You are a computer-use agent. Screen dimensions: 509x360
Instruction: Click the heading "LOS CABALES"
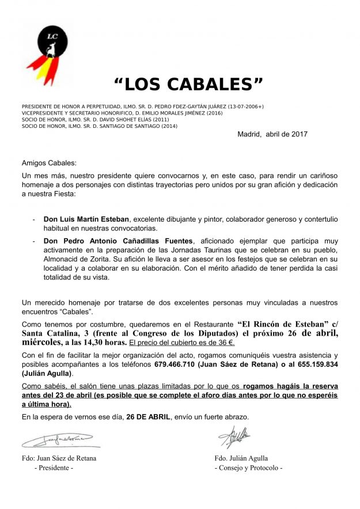[x=188, y=85]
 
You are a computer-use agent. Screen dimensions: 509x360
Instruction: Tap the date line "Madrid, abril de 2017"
[x=272, y=134]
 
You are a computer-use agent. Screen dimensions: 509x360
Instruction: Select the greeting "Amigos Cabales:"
[x=48, y=163]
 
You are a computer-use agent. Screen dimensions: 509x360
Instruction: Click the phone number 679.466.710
[x=175, y=364]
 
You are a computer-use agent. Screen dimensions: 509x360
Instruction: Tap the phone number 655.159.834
[x=317, y=364]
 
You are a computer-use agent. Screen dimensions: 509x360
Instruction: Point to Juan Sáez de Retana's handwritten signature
[x=60, y=442]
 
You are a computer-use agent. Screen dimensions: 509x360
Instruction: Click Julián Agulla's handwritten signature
[x=234, y=436]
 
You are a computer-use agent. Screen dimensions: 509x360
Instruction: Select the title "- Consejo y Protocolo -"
[x=248, y=468]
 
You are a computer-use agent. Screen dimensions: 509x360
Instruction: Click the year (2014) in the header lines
[x=169, y=126]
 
